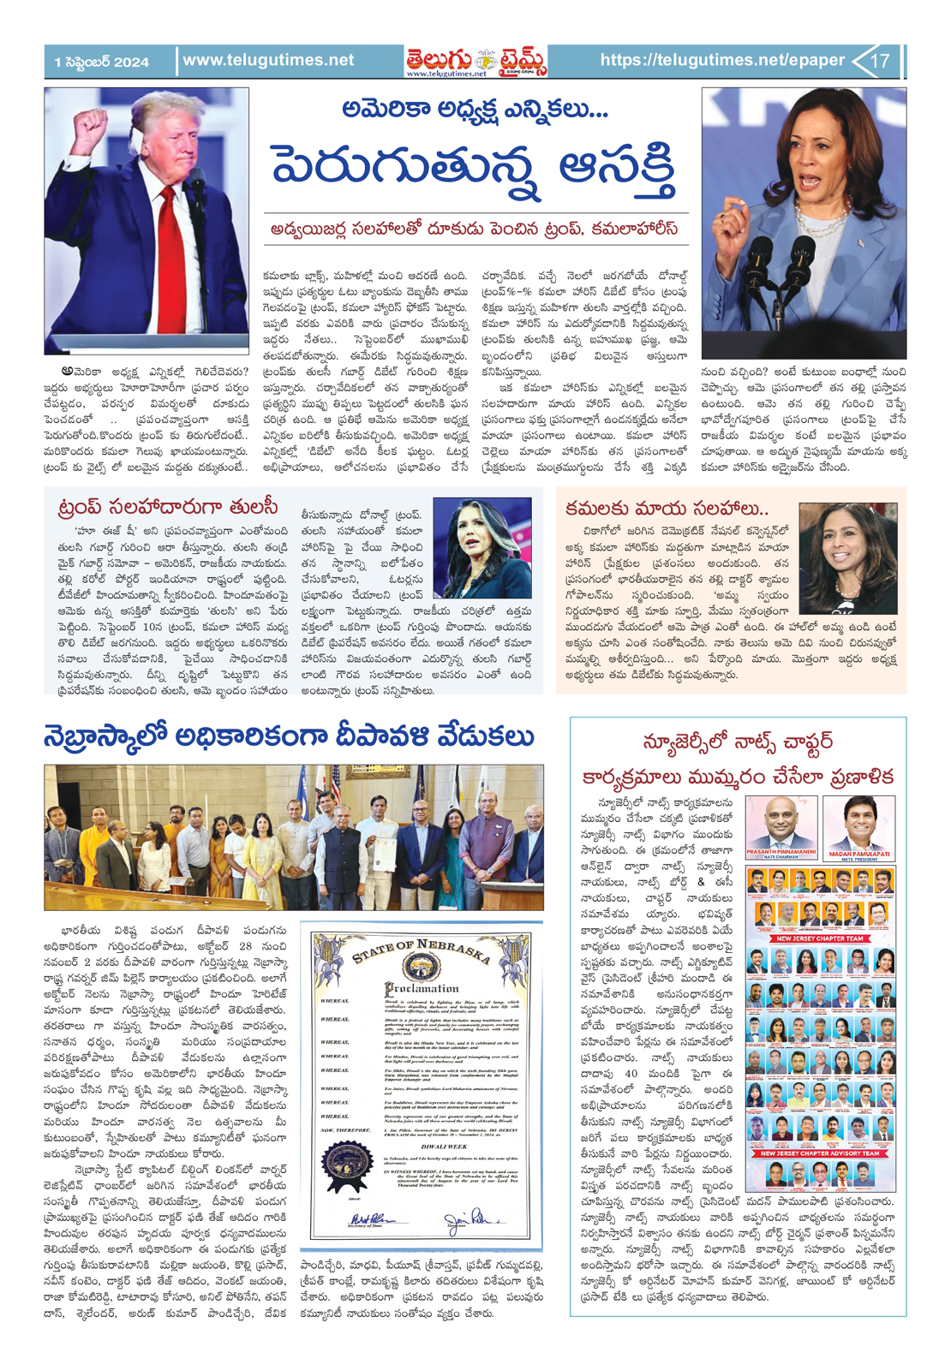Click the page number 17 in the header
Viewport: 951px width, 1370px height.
click(x=880, y=61)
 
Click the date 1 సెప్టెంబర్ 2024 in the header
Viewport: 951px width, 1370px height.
click(x=102, y=62)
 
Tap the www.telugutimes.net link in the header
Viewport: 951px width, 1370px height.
click(x=268, y=60)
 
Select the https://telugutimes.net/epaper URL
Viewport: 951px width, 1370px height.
click(x=722, y=60)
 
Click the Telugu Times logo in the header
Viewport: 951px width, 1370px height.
click(x=476, y=61)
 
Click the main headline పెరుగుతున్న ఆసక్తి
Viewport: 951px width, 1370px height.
click(x=474, y=168)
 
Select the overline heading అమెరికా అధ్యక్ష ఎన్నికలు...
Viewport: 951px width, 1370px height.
click(x=474, y=109)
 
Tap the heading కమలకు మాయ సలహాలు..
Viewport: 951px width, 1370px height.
click(x=667, y=508)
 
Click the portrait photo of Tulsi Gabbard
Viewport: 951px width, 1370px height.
click(x=481, y=548)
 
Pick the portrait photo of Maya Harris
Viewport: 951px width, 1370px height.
click(x=847, y=557)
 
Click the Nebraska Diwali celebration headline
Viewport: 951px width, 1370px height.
click(x=289, y=737)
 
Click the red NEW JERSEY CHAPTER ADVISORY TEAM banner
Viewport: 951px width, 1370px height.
click(x=820, y=1153)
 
